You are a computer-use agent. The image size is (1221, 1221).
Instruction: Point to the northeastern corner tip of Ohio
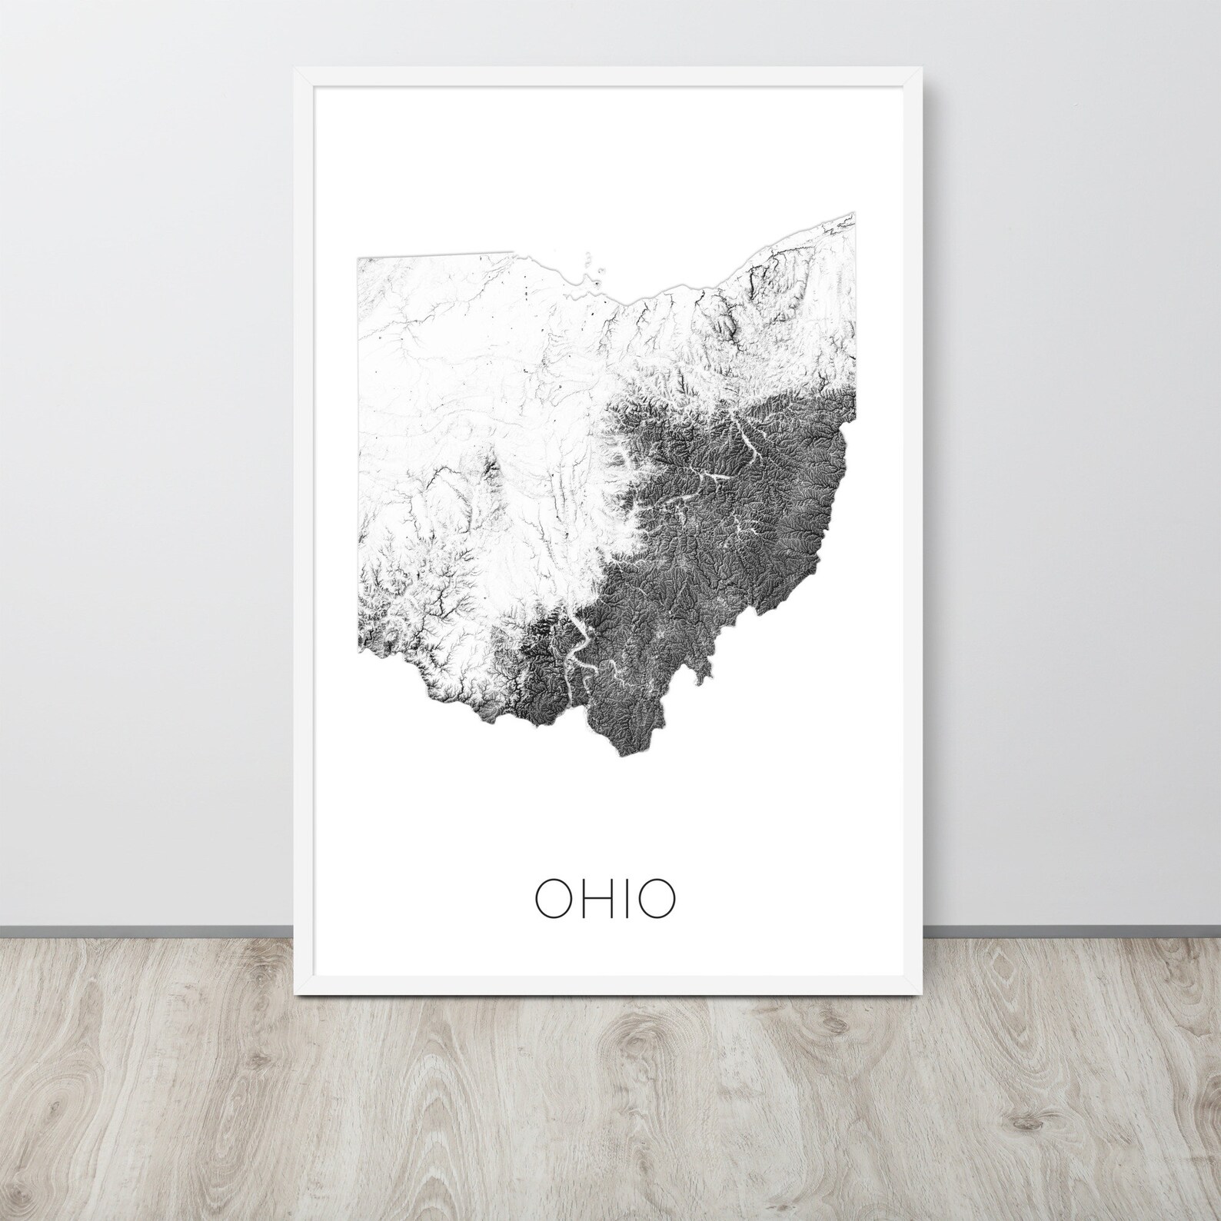click(855, 213)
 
